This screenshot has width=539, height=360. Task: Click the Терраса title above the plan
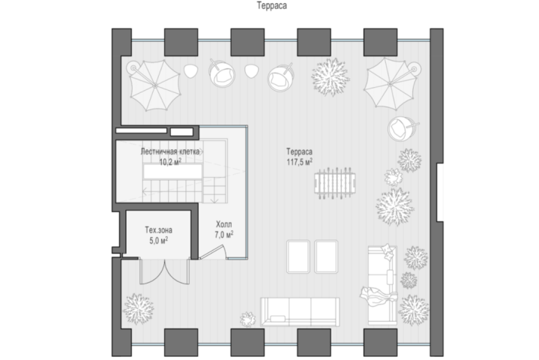271,6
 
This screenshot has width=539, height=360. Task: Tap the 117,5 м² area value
299,162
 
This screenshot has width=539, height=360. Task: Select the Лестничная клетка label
170,151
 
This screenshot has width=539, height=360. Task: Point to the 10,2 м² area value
170,162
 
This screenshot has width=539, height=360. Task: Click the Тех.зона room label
158,229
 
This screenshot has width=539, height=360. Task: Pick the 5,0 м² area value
158,240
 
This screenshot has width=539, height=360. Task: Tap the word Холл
224,224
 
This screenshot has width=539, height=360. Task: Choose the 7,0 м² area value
224,235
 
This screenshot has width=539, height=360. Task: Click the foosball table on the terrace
334,183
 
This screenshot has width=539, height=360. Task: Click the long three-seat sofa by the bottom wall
300,312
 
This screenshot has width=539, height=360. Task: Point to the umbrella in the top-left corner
154,85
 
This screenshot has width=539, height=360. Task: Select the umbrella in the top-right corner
390,83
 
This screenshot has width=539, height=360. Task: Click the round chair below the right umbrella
401,128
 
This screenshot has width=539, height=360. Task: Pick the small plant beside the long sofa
247,319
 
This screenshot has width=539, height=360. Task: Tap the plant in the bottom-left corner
138,309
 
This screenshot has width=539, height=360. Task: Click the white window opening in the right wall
440,192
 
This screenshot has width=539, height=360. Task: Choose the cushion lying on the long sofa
277,319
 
